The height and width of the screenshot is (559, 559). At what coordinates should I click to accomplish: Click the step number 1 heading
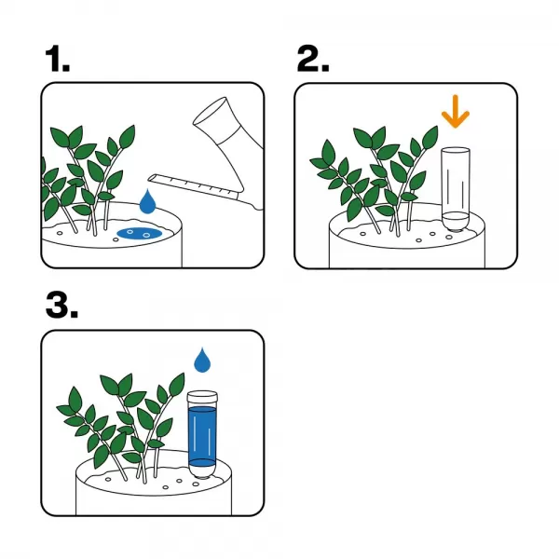[58, 59]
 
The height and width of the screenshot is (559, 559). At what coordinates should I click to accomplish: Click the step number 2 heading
[313, 59]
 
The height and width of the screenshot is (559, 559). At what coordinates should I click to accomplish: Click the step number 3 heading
[61, 306]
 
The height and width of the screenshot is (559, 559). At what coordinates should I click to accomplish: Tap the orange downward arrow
[456, 111]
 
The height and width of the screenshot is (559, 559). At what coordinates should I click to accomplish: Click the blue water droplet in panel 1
[147, 202]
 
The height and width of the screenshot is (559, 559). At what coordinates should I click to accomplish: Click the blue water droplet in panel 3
[202, 360]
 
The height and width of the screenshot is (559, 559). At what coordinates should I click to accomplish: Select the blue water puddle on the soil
[140, 233]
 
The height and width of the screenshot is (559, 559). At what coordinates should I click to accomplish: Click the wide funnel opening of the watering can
[210, 111]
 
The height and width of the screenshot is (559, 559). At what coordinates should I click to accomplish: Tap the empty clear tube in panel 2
[456, 189]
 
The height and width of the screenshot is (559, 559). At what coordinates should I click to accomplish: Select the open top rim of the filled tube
[202, 395]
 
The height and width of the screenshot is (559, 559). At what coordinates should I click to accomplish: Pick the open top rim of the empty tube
[456, 150]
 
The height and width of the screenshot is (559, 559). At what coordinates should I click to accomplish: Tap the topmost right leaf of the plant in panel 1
[127, 137]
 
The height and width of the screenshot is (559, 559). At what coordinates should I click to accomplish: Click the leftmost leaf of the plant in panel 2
[319, 163]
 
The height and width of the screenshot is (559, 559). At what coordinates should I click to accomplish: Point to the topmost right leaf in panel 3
[177, 385]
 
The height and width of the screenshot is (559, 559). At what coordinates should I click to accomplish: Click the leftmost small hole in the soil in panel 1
[60, 233]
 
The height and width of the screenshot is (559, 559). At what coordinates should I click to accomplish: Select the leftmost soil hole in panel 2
[362, 234]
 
